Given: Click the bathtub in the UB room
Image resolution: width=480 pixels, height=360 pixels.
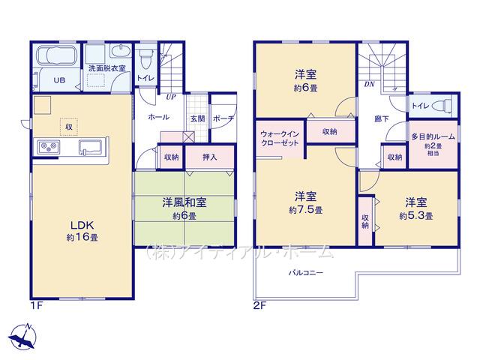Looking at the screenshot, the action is pos(56,55).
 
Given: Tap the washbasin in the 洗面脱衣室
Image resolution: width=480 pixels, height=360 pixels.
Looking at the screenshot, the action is pos(121,51).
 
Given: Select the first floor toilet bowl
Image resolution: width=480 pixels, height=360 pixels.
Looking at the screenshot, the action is pos(145,59).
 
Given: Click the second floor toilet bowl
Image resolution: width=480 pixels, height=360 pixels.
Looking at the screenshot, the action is pos(443,106).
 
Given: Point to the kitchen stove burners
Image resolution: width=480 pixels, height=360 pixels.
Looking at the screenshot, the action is pos(49,147).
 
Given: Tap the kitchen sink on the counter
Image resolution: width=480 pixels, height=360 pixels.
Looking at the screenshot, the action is pos(90,148).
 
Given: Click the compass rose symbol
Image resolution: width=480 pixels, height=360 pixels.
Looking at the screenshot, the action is pos(23,337).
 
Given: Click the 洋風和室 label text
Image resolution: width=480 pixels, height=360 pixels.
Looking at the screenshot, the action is pos(184,202).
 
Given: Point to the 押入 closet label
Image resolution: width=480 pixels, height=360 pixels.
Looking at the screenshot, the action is pos(210,157).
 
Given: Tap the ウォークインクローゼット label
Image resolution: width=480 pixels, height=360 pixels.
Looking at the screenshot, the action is pos(280,138).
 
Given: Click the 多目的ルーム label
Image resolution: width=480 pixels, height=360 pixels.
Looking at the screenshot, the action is pos(433,136).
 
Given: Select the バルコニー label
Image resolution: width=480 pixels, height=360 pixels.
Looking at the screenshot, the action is pos(306,272).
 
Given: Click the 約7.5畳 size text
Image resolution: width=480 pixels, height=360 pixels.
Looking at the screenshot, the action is pos(305,210).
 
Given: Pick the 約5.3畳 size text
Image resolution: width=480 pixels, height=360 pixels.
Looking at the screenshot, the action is pos(416,216).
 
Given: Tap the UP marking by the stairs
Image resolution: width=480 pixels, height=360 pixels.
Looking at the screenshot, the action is pos(171,97).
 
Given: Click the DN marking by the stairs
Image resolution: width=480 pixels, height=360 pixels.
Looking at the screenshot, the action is pos(370,85).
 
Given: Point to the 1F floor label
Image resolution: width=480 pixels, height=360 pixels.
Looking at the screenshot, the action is pos(37,305).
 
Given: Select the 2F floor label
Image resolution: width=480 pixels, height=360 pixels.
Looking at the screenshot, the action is pos(260,305).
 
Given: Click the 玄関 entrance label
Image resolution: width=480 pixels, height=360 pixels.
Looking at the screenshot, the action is pos(198,118).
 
